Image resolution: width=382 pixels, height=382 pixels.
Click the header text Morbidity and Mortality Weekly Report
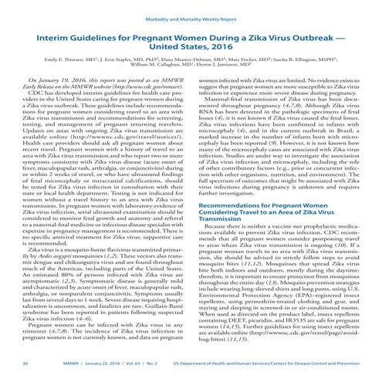pyautogui.click(x=190, y=12)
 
